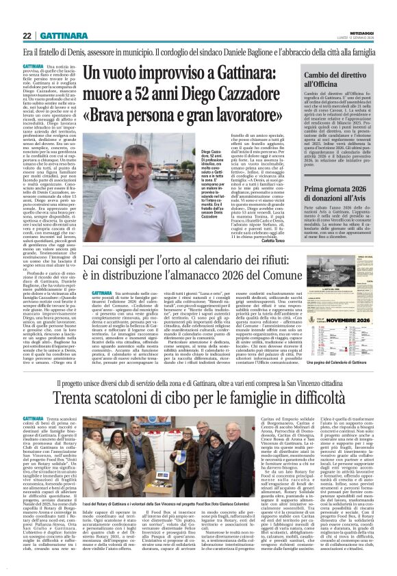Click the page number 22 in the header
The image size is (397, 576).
point(28,36)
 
